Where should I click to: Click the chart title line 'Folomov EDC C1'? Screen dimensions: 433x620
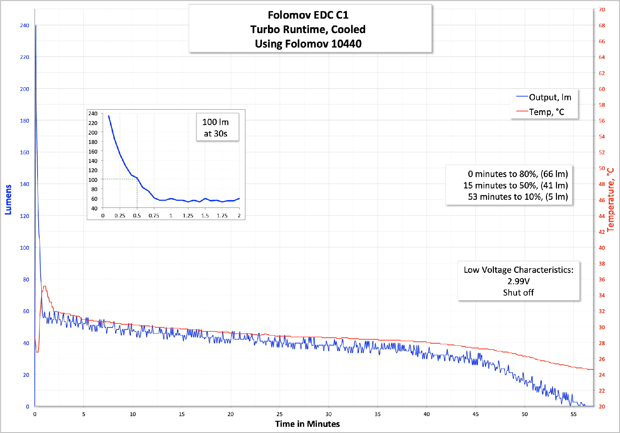308,15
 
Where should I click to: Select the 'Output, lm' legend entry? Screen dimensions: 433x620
550,97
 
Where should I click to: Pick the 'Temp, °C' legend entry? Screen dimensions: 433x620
546,112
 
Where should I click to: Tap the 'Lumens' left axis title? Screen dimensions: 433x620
8,200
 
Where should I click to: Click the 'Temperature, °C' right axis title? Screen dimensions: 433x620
611,200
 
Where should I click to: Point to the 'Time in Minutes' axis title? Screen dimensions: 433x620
307,424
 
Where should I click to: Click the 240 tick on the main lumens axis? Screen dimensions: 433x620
24,25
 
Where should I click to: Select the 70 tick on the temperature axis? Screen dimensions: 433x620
602,10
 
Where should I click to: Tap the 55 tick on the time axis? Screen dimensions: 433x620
573,414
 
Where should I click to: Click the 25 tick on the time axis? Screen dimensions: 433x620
280,414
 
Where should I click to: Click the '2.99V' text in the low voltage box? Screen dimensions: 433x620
518,281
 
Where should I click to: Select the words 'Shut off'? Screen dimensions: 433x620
518,292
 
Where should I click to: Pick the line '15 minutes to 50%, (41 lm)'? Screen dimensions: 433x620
515,185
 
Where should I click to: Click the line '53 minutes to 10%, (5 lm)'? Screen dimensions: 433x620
518,197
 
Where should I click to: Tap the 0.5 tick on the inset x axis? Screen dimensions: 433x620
137,216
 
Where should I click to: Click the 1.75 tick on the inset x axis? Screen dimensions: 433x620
222,216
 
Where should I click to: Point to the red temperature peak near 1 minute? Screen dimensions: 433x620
44,287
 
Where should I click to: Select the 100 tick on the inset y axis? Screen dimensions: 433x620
93,180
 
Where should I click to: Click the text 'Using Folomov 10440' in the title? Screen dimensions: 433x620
308,44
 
